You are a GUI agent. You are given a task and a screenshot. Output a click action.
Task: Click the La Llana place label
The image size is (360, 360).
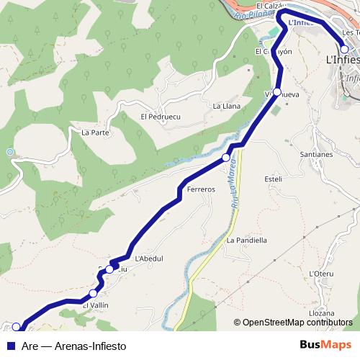click(x=226, y=106)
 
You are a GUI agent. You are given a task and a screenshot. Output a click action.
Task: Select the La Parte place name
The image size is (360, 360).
click(x=95, y=132)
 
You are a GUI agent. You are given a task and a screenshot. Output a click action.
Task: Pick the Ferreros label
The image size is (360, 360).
click(x=201, y=189)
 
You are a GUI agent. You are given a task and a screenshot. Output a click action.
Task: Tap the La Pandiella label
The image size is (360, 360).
click(x=247, y=240)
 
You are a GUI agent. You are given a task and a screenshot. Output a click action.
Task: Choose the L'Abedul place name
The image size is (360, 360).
click(x=149, y=259)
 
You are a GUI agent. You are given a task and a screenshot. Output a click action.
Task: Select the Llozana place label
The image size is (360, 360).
click(x=321, y=313)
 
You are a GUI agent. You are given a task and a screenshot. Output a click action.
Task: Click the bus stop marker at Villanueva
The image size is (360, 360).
click(x=277, y=92)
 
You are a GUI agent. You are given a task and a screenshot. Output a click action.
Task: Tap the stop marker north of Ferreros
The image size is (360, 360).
click(x=226, y=157)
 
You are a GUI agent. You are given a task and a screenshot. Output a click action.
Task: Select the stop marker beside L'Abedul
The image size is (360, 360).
click(x=109, y=269)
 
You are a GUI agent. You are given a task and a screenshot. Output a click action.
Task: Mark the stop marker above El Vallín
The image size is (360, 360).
click(x=94, y=293)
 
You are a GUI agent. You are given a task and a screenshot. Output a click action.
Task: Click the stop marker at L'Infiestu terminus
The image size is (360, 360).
click(x=345, y=50)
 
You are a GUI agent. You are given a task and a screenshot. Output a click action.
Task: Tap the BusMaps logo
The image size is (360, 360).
click(x=325, y=345)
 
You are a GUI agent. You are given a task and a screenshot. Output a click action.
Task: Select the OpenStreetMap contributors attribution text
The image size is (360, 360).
click(x=297, y=323)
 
